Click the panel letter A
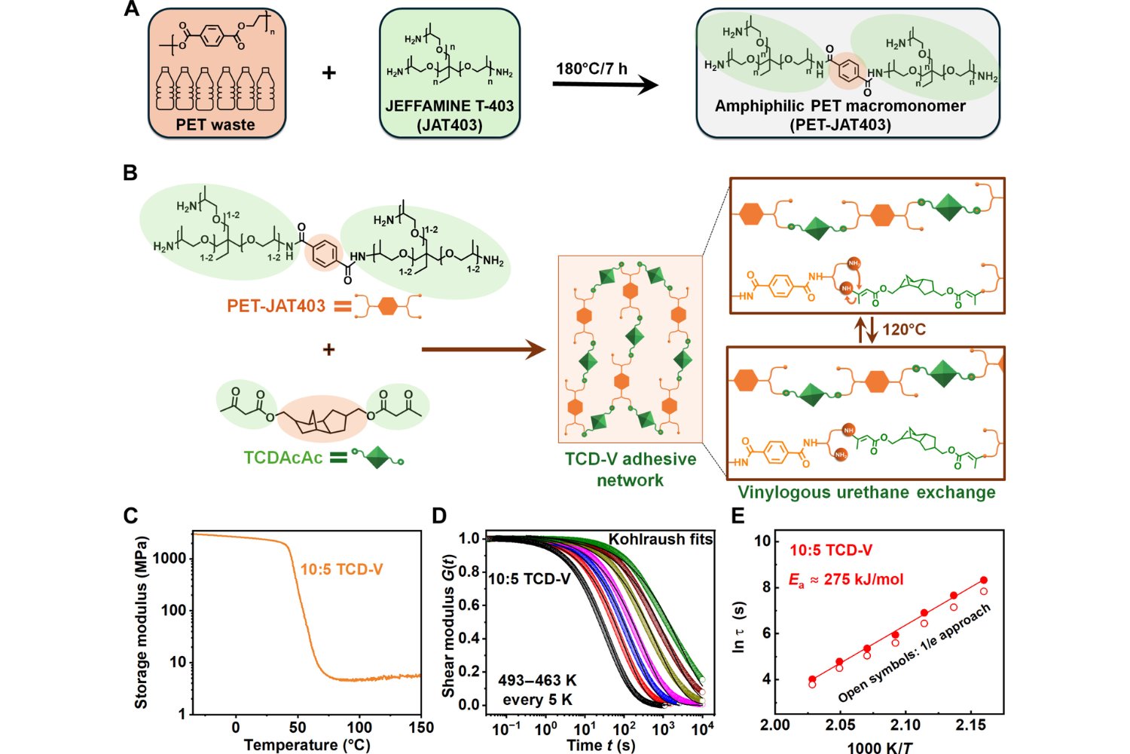(131, 10)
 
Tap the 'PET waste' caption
(215, 124)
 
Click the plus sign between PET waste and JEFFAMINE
(328, 73)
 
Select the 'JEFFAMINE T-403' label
(450, 106)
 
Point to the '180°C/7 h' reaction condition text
(591, 69)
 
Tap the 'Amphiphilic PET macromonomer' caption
(840, 106)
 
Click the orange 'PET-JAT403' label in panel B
(276, 305)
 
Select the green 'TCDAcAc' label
(283, 458)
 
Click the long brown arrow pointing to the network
(483, 349)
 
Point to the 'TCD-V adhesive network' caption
(631, 469)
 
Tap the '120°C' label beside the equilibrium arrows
(904, 329)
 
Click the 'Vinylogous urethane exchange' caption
(866, 492)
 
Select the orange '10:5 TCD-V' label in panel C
(341, 569)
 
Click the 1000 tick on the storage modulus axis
(169, 558)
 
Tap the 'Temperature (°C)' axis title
(307, 745)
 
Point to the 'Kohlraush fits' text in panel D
(661, 539)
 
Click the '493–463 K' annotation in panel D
(537, 681)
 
